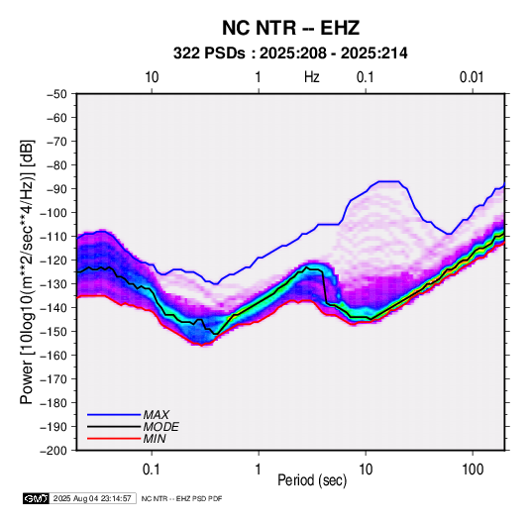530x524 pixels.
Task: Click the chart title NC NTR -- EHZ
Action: coord(290,28)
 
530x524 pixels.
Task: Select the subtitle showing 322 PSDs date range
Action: coord(290,53)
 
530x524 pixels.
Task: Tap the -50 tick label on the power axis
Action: coord(56,94)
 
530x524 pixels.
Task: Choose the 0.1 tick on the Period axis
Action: coord(152,470)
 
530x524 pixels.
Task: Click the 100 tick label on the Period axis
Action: coord(473,470)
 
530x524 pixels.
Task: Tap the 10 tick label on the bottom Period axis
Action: coord(366,470)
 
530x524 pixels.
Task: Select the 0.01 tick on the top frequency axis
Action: coord(472,77)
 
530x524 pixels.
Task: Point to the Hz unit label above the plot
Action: coord(312,77)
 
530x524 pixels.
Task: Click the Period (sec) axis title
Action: coord(312,480)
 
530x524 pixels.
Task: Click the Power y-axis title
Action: coord(27,272)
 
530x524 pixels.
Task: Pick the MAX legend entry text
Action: coord(156,415)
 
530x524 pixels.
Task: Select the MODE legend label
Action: coord(160,427)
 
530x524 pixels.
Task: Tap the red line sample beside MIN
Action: coord(114,439)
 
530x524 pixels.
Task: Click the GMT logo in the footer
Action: coord(36,498)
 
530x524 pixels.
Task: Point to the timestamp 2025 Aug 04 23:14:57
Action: coord(92,498)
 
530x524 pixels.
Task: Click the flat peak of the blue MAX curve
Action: coord(388,181)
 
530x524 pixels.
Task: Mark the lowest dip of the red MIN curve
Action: coord(202,345)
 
